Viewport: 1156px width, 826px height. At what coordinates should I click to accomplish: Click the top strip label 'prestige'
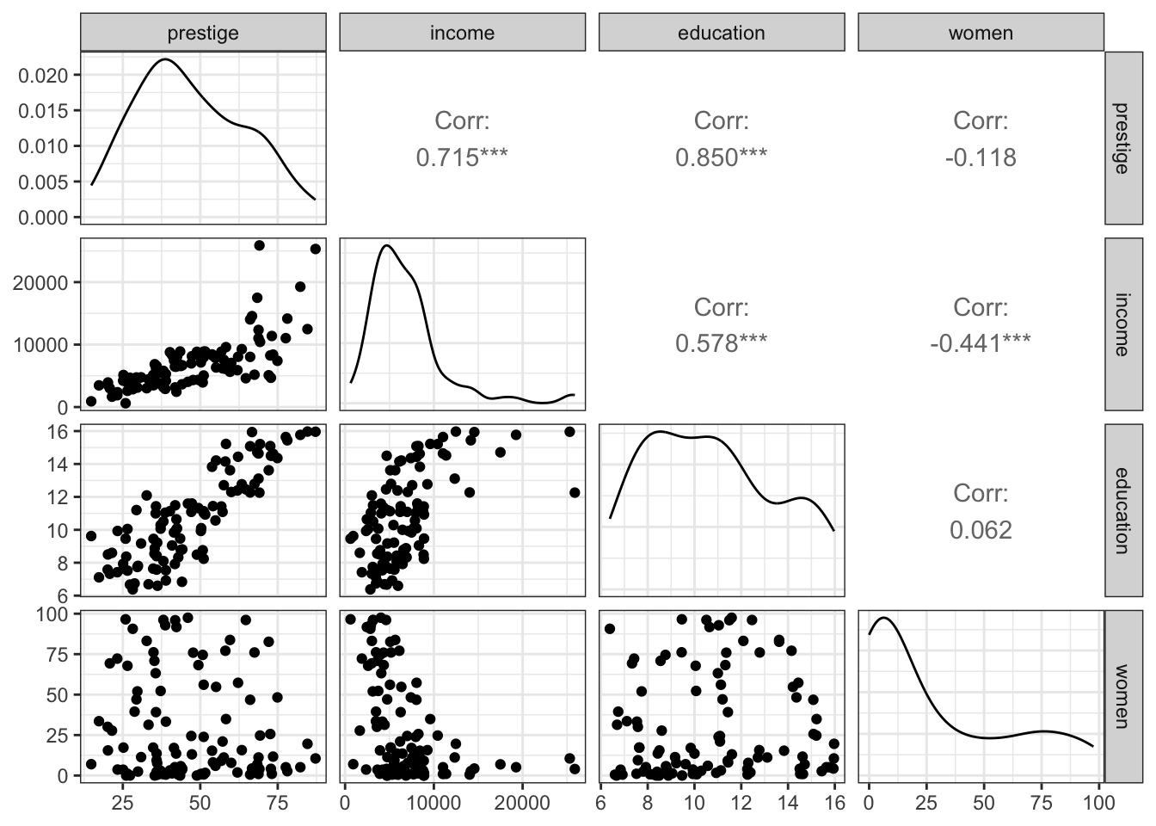pyautogui.click(x=203, y=34)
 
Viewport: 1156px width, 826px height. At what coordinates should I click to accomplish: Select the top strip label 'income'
pyautogui.click(x=462, y=34)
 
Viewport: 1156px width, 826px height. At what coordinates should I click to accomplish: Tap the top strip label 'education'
pyautogui.click(x=721, y=34)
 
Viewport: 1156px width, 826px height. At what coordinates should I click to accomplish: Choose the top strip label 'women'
pyautogui.click(x=981, y=34)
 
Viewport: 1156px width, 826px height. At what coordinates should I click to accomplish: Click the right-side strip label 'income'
pyautogui.click(x=1125, y=323)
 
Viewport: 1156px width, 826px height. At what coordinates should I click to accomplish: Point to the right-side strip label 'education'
pyautogui.click(x=1125, y=509)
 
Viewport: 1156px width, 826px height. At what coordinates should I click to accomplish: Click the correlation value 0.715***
pyautogui.click(x=462, y=157)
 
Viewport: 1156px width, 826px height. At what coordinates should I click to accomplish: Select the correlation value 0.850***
pyautogui.click(x=721, y=157)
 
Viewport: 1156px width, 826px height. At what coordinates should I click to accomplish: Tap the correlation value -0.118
pyautogui.click(x=981, y=157)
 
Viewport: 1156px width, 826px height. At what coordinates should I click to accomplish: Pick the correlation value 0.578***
pyautogui.click(x=721, y=343)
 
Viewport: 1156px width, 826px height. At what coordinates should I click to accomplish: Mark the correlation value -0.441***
pyautogui.click(x=981, y=343)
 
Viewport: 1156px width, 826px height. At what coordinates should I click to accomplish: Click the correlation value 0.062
pyautogui.click(x=981, y=530)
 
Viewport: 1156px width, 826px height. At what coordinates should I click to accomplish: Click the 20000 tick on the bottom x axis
pyautogui.click(x=521, y=804)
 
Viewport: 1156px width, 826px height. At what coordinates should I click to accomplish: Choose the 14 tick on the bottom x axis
pyautogui.click(x=787, y=804)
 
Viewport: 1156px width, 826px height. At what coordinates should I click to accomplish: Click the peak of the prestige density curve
pyautogui.click(x=165, y=59)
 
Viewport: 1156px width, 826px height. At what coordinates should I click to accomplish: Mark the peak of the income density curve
pyautogui.click(x=387, y=245)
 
